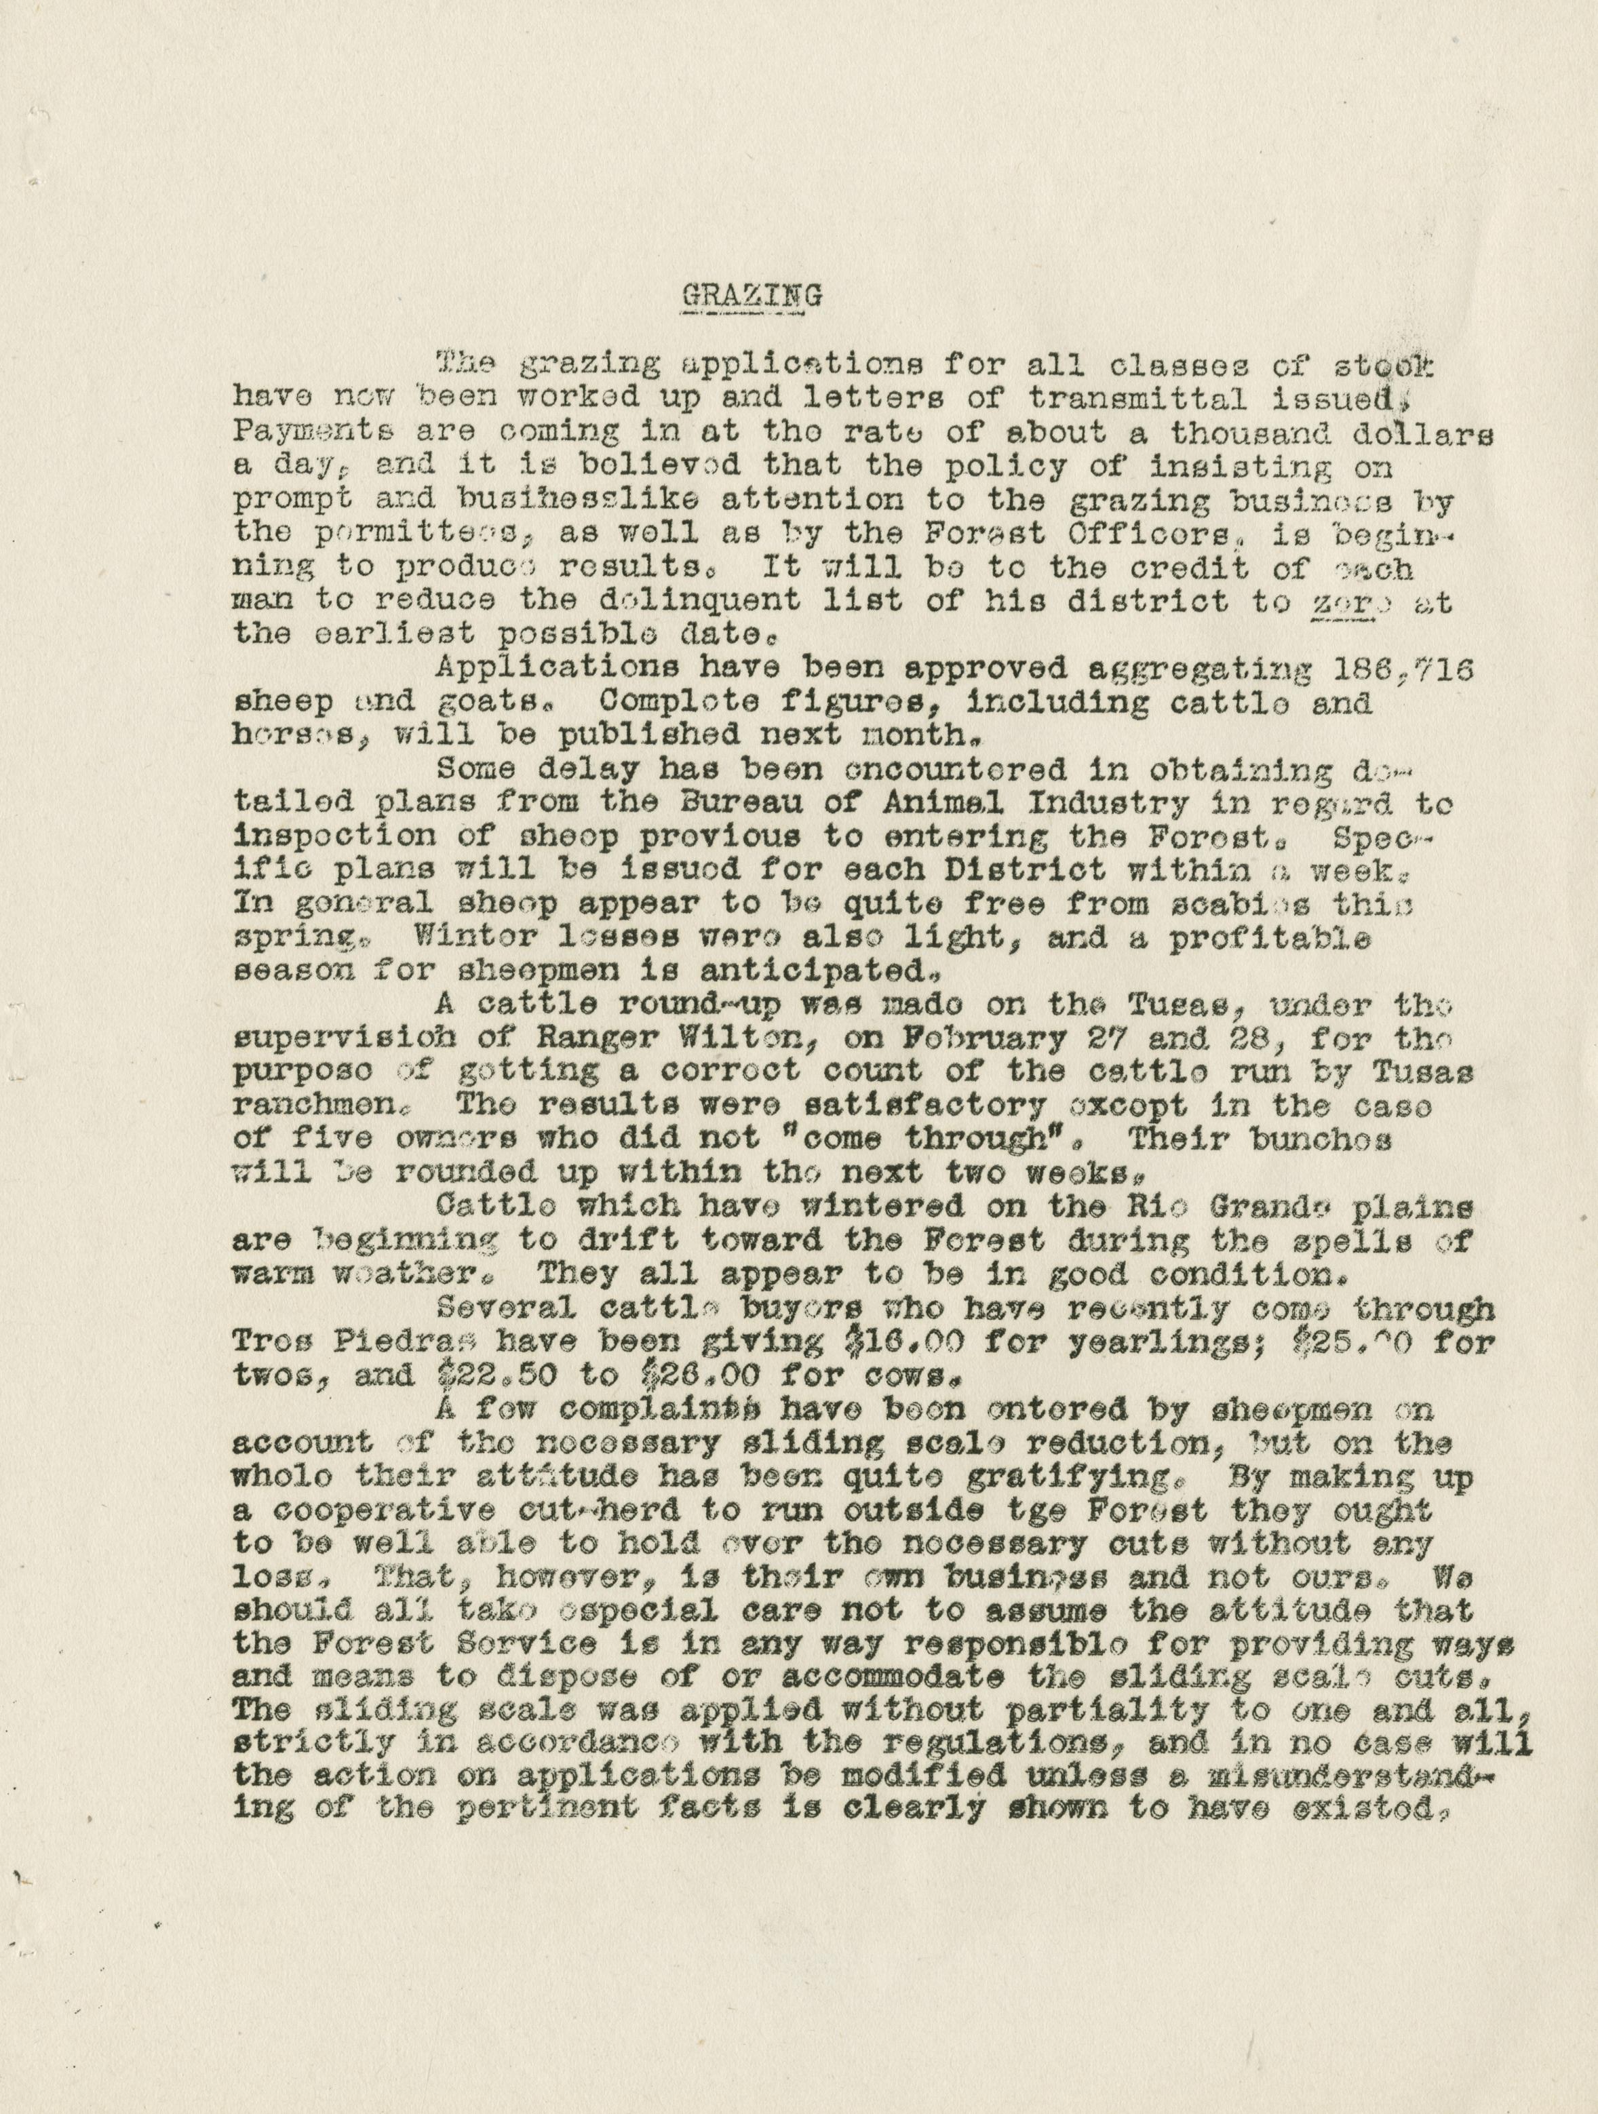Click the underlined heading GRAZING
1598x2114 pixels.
coord(752,295)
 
